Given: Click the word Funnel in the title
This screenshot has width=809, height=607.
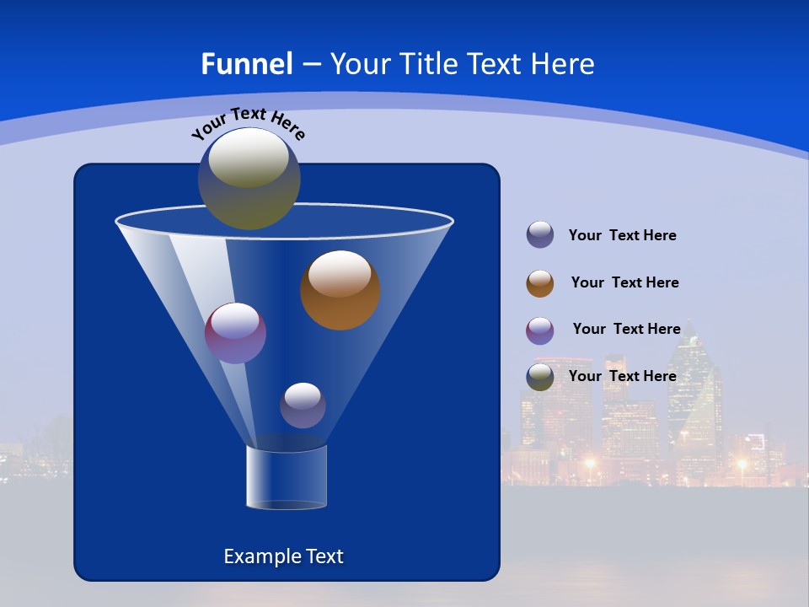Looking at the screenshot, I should tap(246, 64).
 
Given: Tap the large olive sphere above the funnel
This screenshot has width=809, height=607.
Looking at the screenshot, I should tap(249, 179).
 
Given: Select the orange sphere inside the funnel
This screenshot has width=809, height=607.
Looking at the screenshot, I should tap(340, 290).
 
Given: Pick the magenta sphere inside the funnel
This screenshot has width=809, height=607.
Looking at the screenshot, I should tap(235, 333).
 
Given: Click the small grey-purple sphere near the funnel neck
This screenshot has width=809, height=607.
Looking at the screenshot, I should tap(303, 406).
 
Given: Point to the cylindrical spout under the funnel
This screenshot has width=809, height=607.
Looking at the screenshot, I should tap(286, 477).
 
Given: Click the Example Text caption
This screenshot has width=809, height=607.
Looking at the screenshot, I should tap(283, 556).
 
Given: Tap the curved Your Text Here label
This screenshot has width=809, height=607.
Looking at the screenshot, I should tap(248, 123).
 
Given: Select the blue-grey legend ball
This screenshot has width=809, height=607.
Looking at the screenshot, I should tap(540, 235).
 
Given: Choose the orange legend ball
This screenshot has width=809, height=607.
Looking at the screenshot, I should tap(540, 283).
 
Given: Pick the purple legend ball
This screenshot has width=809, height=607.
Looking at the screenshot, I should tap(540, 330).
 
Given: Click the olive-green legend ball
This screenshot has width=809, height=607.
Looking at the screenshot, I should tap(540, 377).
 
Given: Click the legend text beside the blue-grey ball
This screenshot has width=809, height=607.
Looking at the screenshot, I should tap(622, 236).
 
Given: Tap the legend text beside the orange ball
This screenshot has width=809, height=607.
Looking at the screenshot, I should tap(624, 283).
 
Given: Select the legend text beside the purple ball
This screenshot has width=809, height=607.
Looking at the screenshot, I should tap(626, 330).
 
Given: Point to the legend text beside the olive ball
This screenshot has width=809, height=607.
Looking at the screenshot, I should tap(622, 376).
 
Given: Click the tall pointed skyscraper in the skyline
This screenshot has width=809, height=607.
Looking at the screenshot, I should tap(694, 396).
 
